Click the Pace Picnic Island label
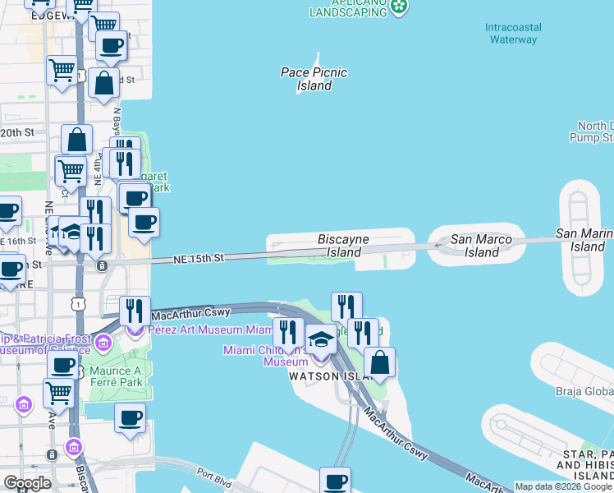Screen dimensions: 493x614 click(314, 79)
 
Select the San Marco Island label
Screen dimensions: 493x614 click(482, 246)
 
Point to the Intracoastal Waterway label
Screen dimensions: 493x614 click(511, 33)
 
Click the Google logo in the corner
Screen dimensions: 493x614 click(27, 483)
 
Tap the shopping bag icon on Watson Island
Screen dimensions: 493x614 click(380, 362)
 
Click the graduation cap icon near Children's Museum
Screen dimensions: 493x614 click(320, 339)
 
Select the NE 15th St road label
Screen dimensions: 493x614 click(199, 258)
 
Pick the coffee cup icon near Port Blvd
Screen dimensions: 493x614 click(335, 481)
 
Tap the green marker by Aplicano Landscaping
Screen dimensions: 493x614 click(399, 7)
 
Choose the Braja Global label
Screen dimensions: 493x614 click(585, 390)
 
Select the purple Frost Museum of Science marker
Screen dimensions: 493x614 click(103, 342)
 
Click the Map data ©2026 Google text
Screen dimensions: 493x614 click(564, 486)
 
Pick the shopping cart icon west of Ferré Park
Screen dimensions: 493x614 click(58, 394)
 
